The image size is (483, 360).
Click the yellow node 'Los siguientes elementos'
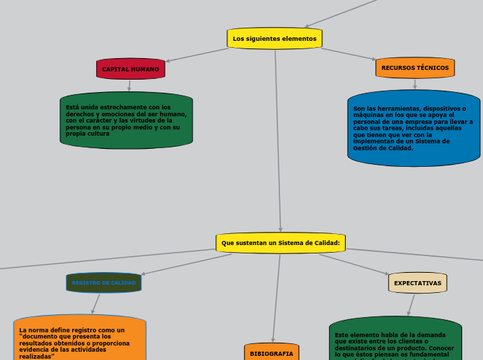[x=274, y=39]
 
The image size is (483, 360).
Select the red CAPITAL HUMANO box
[x=130, y=69]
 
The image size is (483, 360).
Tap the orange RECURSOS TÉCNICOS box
[x=414, y=68]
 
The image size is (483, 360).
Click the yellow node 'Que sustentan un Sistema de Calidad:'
[x=280, y=243]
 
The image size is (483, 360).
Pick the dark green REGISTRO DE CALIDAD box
[x=104, y=282]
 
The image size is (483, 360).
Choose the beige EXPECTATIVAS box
[x=417, y=283]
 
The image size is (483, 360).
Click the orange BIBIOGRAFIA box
[x=271, y=353]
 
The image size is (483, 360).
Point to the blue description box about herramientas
[x=414, y=128]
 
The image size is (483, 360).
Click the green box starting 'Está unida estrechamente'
[x=126, y=120]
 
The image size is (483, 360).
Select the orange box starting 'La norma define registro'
[x=80, y=339]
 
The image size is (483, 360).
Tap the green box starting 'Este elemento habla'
[x=395, y=339]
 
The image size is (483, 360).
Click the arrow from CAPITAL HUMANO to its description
[x=129, y=86]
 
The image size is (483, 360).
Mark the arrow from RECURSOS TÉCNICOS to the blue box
[x=414, y=84]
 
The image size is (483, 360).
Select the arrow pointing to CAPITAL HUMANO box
[x=197, y=55]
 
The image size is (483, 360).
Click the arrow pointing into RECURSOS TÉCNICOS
[x=349, y=55]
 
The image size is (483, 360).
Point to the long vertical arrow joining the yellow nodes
[x=278, y=138]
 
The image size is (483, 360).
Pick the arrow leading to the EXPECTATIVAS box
[x=355, y=265]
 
